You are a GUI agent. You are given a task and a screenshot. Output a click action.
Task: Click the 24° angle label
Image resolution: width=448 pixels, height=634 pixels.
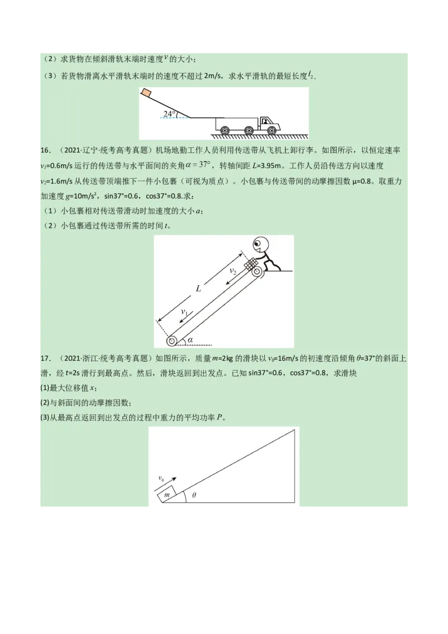pos(169,114)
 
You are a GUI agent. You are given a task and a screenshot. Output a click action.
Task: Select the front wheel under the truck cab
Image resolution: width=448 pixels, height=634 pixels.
pos(272,130)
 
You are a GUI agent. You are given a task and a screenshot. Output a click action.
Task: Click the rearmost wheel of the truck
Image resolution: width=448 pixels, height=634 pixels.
pos(224,130)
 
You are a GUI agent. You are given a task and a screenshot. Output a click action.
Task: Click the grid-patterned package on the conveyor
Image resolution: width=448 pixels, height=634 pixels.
pos(250,263)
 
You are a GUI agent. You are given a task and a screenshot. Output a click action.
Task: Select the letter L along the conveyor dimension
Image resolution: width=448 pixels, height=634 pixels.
pos(199,288)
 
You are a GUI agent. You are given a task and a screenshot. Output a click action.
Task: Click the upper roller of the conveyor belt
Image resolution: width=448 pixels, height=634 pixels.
pos(258,272)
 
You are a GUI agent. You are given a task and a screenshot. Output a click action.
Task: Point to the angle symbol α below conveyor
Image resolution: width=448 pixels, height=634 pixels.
pos(190,339)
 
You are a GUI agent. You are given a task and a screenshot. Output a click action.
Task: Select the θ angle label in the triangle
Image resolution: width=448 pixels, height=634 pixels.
pos(194,496)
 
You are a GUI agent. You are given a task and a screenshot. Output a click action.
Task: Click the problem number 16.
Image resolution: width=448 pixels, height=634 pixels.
pos(46,150)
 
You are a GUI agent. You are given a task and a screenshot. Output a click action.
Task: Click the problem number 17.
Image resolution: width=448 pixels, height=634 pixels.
pos(46,358)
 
